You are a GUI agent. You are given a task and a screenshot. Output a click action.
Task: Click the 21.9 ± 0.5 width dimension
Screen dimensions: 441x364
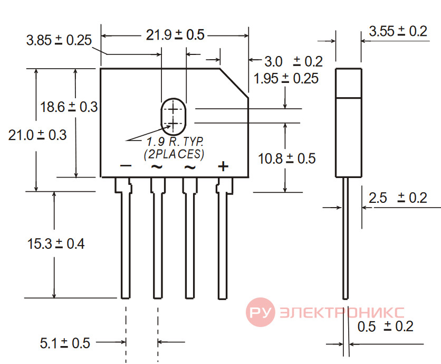[x=175, y=35]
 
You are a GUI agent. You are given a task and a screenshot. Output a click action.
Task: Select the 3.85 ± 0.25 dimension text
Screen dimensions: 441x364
[x=59, y=40]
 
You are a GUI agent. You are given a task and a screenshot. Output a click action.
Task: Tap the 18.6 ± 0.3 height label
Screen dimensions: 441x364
[x=69, y=107]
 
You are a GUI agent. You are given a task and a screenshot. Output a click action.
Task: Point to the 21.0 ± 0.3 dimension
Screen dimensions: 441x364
[x=37, y=135]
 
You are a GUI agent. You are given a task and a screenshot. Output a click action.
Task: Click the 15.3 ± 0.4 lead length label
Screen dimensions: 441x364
[x=56, y=244]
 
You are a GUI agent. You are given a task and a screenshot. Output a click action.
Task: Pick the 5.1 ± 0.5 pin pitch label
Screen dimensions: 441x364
[x=65, y=343]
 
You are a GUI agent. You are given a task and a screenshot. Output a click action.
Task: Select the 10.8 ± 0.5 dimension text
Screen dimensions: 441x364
[x=286, y=158]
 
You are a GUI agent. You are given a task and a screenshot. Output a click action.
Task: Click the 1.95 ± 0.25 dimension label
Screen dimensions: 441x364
[x=286, y=78]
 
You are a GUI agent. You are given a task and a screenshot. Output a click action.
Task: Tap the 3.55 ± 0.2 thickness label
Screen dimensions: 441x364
[x=398, y=31]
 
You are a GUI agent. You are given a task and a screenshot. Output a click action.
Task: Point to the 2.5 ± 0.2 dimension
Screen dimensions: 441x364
[x=398, y=198]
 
